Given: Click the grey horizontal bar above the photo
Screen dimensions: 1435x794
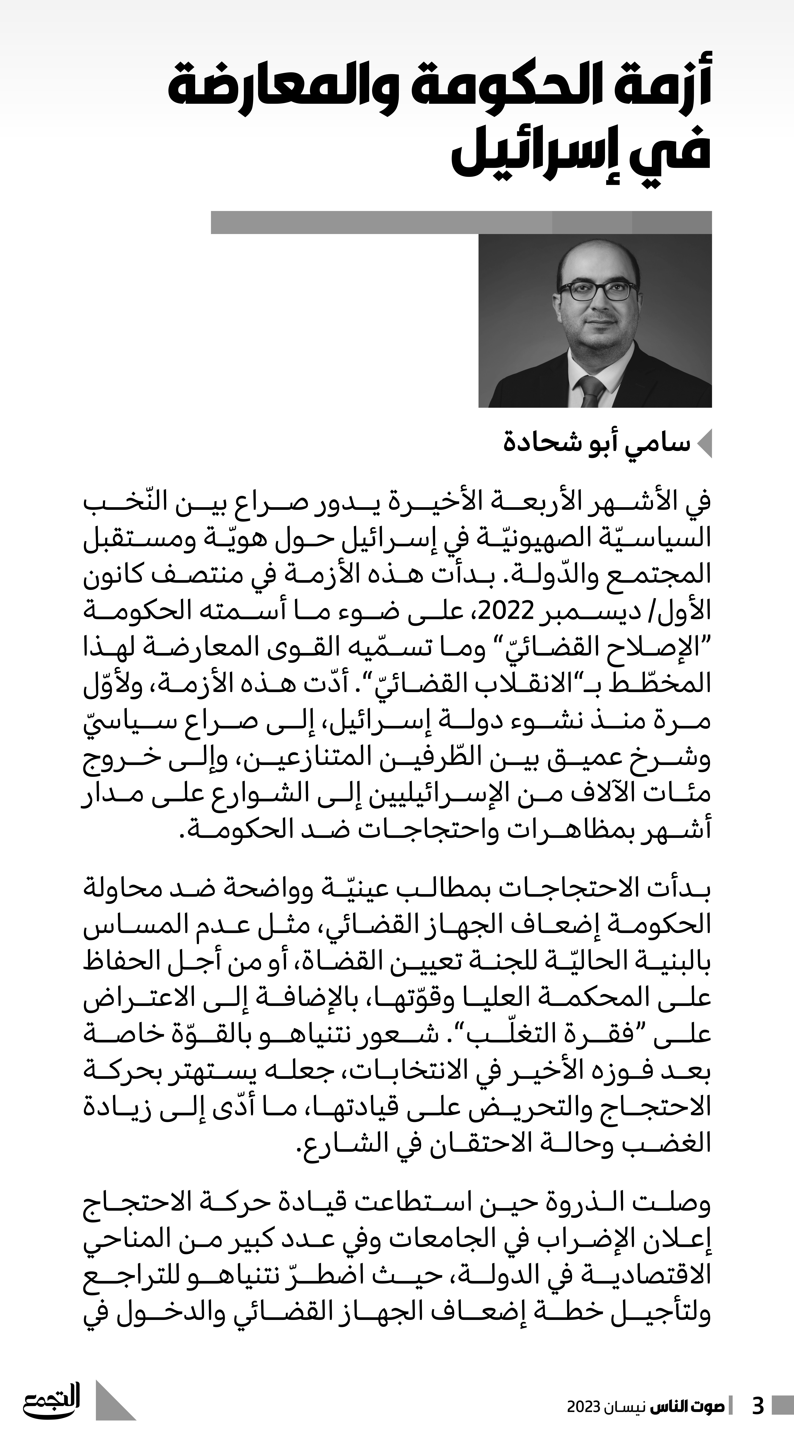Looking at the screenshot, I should (461, 222).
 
